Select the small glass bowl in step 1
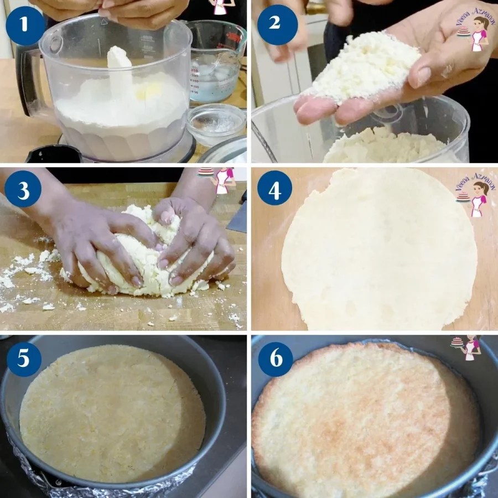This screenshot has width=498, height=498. pos(215,123)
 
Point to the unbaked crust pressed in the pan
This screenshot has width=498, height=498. pos(111,412)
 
